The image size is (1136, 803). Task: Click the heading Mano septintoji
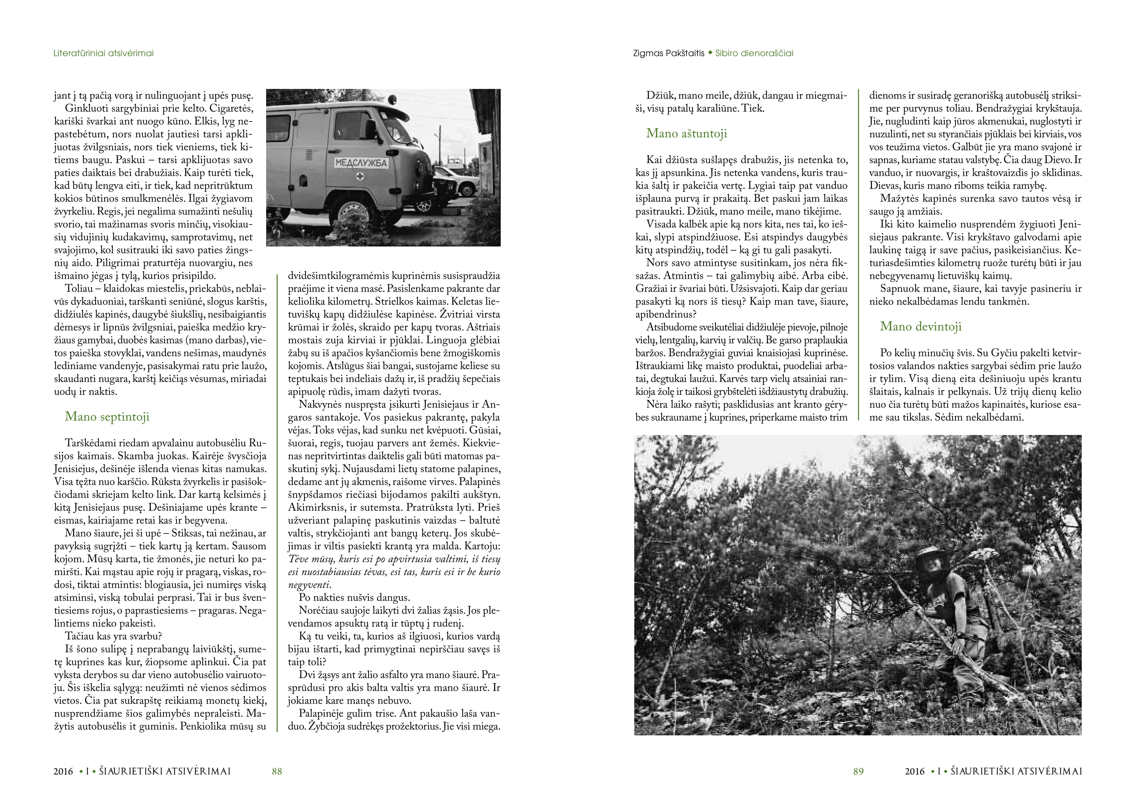(x=107, y=416)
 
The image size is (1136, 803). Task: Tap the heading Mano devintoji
(x=920, y=326)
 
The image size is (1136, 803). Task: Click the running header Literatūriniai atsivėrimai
(x=103, y=53)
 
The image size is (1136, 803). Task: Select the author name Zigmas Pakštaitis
(x=668, y=53)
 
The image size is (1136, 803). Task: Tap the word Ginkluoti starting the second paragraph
(x=87, y=108)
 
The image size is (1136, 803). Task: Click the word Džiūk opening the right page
(x=661, y=95)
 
